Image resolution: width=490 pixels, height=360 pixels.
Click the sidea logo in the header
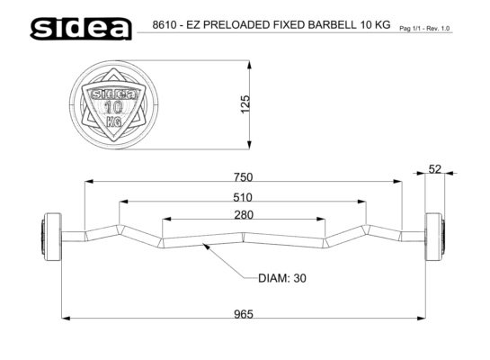tap(81, 29)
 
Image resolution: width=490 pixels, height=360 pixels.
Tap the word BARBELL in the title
tap(333, 24)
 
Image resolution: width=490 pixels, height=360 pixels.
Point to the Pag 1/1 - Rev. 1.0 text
tap(424, 29)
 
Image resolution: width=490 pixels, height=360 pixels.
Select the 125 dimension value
tap(245, 104)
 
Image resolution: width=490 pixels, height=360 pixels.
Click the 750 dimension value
tap(243, 177)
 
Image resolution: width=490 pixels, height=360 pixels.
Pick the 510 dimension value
tap(243, 197)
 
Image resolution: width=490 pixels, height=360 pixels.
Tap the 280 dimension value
tap(244, 215)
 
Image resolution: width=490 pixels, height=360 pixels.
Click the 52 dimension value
tap(434, 169)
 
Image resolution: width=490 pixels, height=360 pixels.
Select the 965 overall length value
tap(244, 314)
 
